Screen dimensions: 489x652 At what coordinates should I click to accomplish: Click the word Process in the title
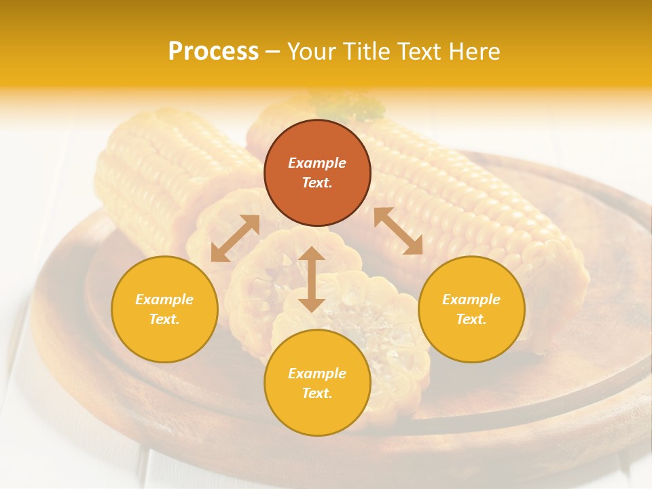[x=213, y=52]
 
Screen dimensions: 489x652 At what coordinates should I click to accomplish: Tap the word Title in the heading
[x=370, y=52]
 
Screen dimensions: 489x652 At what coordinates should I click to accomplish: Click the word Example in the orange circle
[x=317, y=163]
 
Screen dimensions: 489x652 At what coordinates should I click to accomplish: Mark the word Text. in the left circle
[x=164, y=319]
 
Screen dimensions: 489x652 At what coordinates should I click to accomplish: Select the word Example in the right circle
[x=471, y=300]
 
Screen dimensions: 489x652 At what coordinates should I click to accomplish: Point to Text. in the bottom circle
[x=317, y=393]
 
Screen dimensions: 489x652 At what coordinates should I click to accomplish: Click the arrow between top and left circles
[x=235, y=238]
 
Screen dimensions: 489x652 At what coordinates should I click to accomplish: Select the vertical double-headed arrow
[x=312, y=279]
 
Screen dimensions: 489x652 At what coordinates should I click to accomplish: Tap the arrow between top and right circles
[x=398, y=231]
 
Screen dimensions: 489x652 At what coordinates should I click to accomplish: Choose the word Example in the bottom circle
[x=317, y=374]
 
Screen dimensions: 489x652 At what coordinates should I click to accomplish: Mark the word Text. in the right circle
[x=471, y=319]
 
